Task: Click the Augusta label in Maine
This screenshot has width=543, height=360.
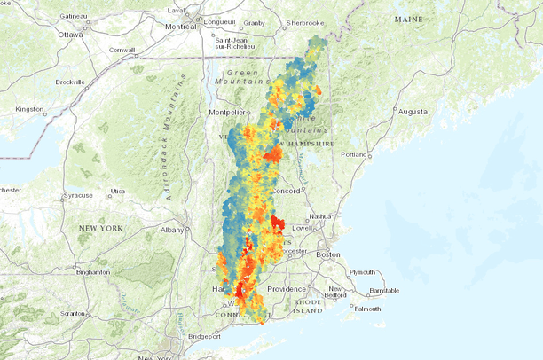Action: (412, 113)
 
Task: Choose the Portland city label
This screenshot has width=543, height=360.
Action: (354, 154)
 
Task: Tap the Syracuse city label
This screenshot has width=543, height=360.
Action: (75, 196)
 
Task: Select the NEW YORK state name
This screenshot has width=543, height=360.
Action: (99, 228)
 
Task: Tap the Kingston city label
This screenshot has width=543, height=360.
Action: (29, 109)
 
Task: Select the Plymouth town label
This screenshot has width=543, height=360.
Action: (364, 272)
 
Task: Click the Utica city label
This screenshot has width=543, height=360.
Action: (117, 191)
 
